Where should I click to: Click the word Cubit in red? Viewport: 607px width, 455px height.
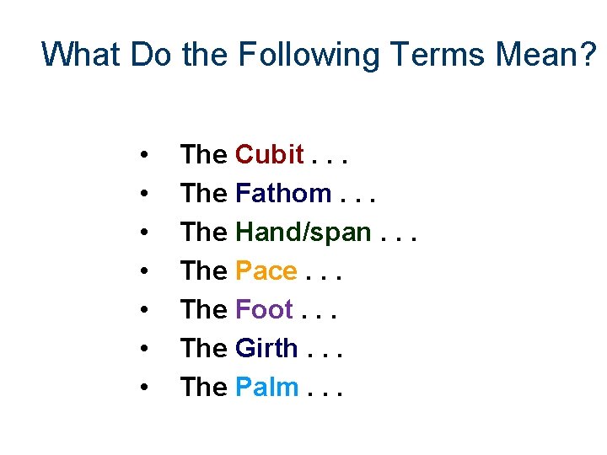coord(269,155)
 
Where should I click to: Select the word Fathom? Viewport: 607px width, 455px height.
coord(283,194)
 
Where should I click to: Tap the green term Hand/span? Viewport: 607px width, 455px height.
coord(303,233)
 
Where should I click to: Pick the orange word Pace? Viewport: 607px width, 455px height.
coord(266,271)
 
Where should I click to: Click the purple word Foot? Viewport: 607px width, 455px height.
coord(264,310)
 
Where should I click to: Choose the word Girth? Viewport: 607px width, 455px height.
coord(266,348)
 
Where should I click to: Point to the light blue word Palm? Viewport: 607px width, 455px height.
coord(267,387)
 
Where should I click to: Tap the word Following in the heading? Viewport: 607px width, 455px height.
coord(309,55)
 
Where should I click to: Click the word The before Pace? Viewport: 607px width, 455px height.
coord(204,271)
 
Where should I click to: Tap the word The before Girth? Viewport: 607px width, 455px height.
coord(204,348)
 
